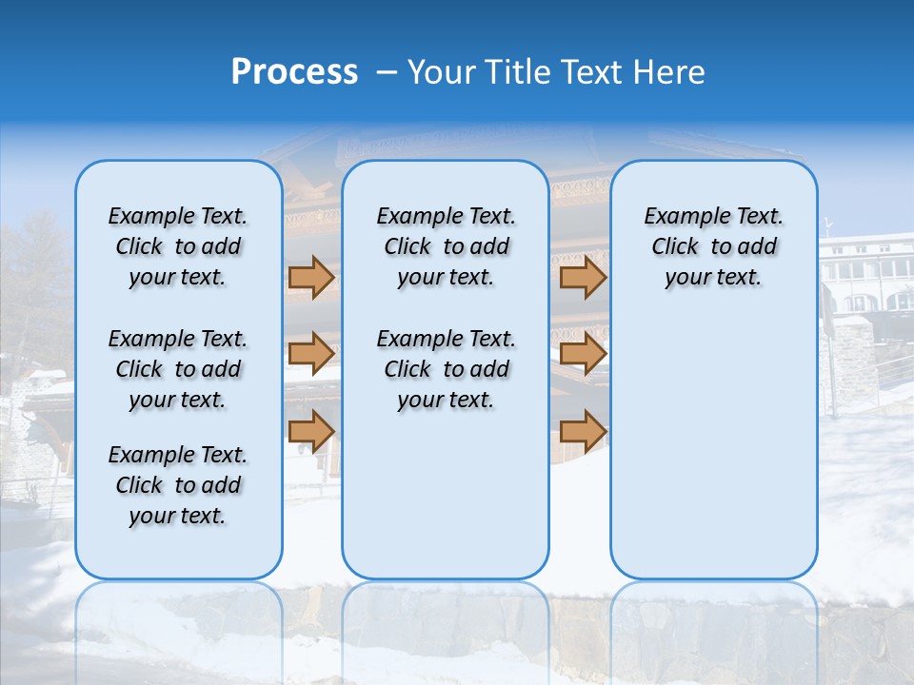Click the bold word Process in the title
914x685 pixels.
pyautogui.click(x=294, y=72)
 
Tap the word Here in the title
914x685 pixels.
pyautogui.click(x=669, y=72)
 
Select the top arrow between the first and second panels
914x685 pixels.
pyautogui.click(x=310, y=278)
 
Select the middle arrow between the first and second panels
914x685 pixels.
pyautogui.click(x=310, y=353)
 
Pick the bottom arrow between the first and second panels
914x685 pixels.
pyautogui.click(x=310, y=431)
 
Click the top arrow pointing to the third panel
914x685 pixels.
pyautogui.click(x=583, y=278)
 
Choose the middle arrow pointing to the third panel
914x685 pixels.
pyautogui.click(x=583, y=353)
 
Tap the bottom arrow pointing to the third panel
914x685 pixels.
pyautogui.click(x=583, y=431)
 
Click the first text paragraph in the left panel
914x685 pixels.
pyautogui.click(x=178, y=246)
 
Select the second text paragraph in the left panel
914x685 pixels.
pyautogui.click(x=178, y=369)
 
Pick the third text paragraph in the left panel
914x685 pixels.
pyautogui.click(x=178, y=485)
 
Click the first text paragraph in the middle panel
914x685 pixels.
pyautogui.click(x=446, y=246)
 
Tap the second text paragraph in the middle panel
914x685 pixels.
pyautogui.click(x=446, y=369)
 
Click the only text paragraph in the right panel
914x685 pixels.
pyautogui.click(x=713, y=246)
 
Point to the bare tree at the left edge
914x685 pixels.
pyautogui.click(x=33, y=276)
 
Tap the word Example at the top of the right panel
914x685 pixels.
pyautogui.click(x=679, y=216)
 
